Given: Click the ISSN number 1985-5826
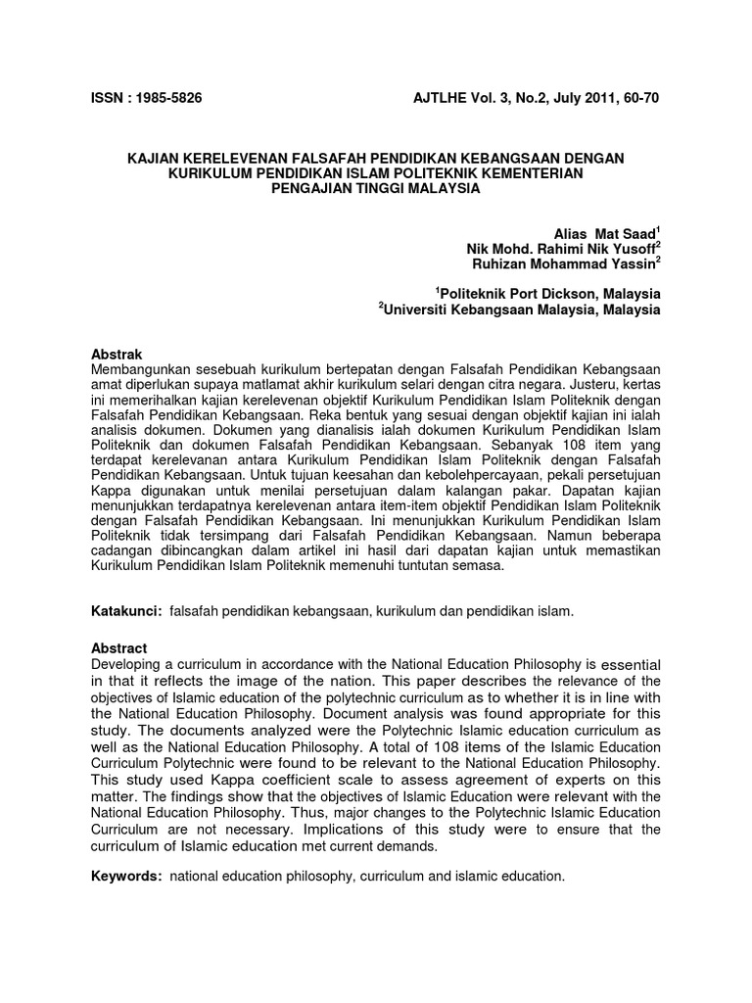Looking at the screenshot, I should (x=167, y=98).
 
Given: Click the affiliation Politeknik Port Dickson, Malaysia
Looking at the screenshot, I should (x=548, y=293).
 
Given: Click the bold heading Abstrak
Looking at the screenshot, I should (x=117, y=354).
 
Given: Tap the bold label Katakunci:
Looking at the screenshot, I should (x=126, y=611).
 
